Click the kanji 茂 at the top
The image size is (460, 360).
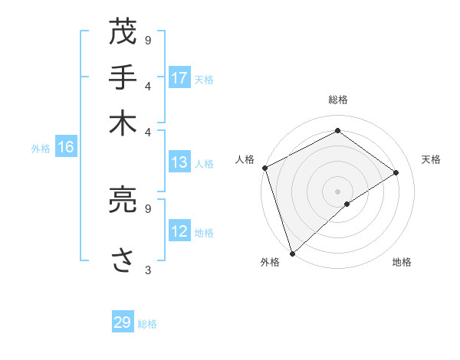(123, 33)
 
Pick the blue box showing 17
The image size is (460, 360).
(179, 78)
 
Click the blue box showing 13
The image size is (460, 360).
(179, 162)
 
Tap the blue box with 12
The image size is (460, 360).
(179, 232)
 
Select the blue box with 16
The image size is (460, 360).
(66, 148)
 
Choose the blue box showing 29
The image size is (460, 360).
(123, 322)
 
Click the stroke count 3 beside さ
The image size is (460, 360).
(148, 270)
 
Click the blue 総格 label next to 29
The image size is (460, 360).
(147, 323)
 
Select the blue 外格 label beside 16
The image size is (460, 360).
(40, 149)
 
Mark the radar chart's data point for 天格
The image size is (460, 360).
(396, 172)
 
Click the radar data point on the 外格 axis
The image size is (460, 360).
(292, 253)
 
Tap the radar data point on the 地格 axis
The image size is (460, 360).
(347, 204)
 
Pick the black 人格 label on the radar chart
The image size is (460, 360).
(245, 159)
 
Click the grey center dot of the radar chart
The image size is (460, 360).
(337, 191)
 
